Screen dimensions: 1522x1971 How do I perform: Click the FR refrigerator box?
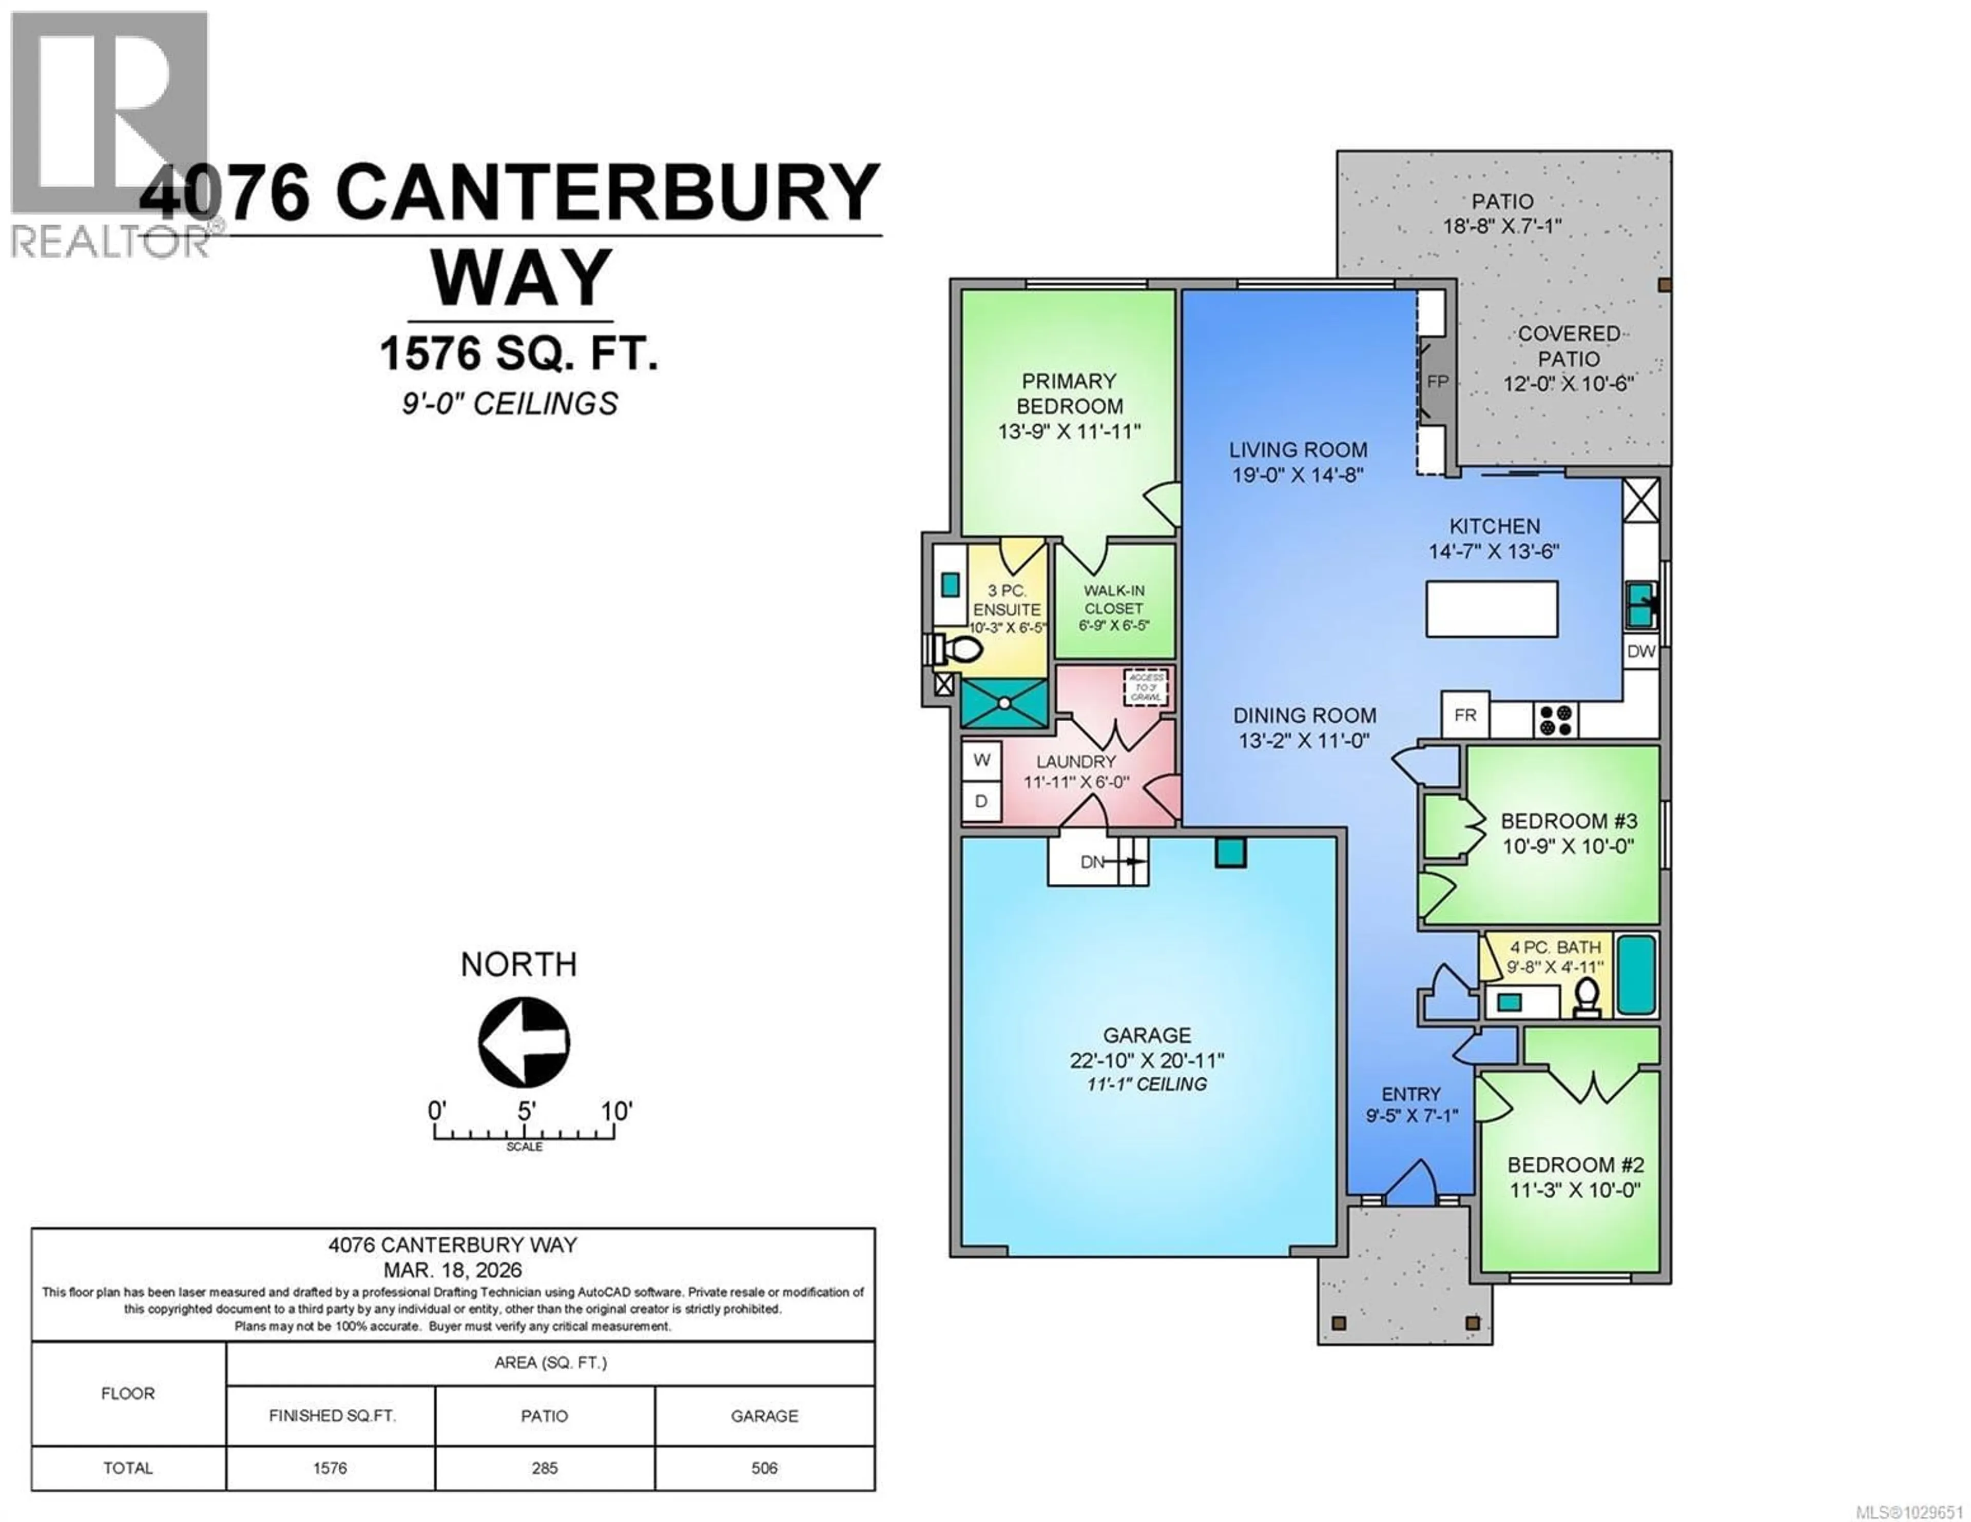[1465, 716]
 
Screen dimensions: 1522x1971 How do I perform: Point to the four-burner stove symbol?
[1556, 720]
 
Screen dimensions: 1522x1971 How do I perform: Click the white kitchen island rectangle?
[1492, 609]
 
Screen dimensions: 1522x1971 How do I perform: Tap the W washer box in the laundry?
[982, 761]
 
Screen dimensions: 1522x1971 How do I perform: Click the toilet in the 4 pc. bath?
[1586, 996]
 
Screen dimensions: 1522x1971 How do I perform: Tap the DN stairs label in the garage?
[1092, 862]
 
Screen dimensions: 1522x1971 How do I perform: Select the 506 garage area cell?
[764, 1468]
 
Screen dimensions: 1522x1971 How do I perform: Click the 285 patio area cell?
[544, 1468]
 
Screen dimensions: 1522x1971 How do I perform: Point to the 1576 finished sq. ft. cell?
[331, 1468]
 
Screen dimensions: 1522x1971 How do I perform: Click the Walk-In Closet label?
[1114, 608]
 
